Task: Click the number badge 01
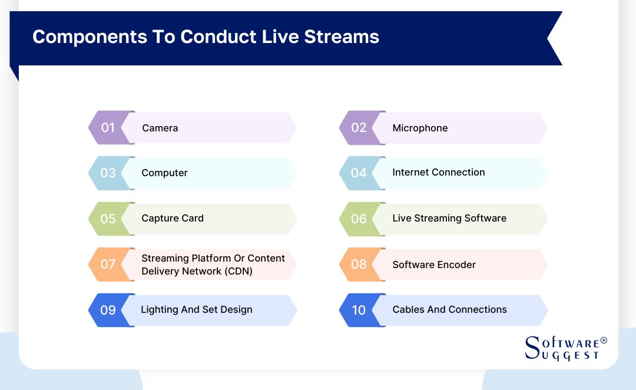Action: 108,127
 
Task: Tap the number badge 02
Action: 359,127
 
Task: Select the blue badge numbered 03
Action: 108,173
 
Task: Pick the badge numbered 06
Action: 359,219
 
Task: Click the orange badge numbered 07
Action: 108,264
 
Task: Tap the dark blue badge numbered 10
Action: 359,310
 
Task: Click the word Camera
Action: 160,128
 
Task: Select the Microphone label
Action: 420,128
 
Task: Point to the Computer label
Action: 164,173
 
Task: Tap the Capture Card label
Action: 173,218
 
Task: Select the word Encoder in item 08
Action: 457,265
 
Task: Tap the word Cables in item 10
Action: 408,309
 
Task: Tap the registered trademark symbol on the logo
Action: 603,341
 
